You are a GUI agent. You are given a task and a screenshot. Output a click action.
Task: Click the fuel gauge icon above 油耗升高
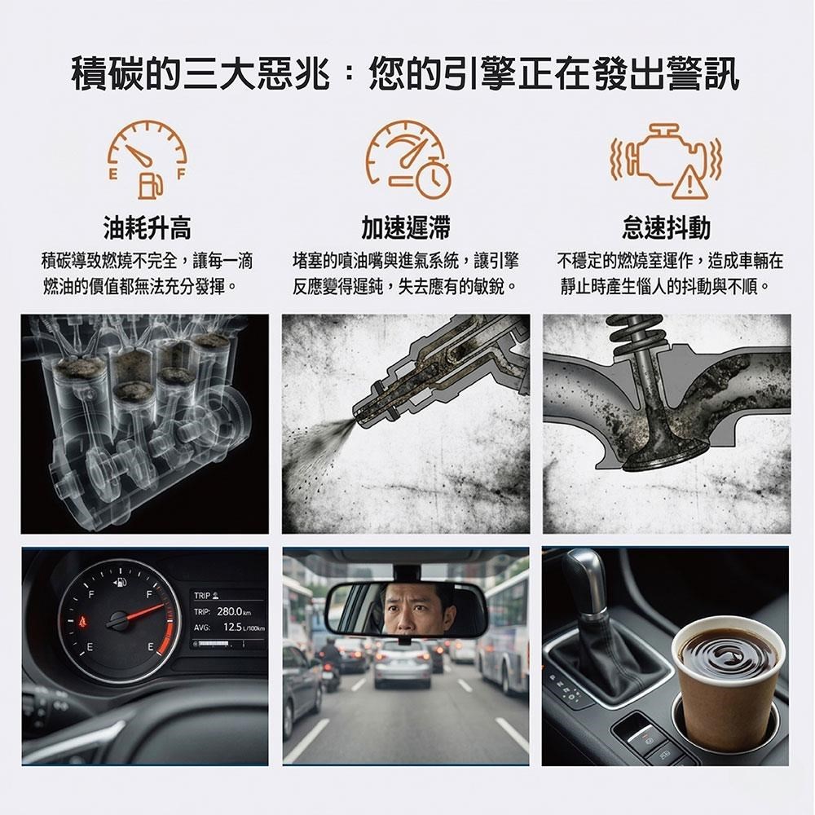pos(147,160)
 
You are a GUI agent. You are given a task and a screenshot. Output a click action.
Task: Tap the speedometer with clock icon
pos(407,160)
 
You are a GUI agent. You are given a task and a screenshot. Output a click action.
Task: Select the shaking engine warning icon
pos(667,161)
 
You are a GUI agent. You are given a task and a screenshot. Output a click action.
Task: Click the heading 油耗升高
pos(147,227)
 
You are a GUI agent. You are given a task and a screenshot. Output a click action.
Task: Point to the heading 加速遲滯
pos(406,227)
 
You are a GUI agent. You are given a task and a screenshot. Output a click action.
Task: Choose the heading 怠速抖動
pos(667,227)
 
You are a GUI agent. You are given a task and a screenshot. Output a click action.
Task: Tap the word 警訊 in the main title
pos(703,74)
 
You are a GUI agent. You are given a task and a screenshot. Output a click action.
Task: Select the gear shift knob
pos(586,581)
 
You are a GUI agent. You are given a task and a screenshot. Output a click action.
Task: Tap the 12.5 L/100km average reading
pos(244,628)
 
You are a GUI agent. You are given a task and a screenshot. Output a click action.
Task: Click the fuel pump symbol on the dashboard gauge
pos(120,582)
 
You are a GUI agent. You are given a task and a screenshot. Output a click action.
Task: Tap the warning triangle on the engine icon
pos(689,182)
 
